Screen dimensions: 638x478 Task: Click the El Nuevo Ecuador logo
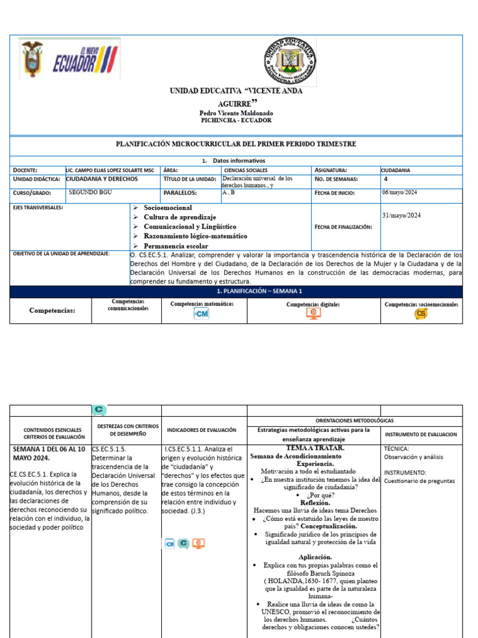tap(70, 59)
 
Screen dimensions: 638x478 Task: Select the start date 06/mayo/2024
tap(399, 193)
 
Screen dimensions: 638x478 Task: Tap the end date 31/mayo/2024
tap(401, 216)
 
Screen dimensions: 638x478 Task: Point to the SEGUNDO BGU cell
tap(90, 193)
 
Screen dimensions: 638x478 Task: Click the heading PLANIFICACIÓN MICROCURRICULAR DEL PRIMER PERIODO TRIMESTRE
tap(237, 144)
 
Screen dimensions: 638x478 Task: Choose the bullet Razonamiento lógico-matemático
tap(195, 236)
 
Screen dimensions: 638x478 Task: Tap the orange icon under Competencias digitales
tap(314, 314)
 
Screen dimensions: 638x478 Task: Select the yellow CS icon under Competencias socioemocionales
tap(421, 314)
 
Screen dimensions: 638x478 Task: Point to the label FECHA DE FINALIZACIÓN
tap(344, 227)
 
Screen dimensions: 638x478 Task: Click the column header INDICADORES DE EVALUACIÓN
tap(201, 430)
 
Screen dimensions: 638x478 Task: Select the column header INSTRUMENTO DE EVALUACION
tap(421, 434)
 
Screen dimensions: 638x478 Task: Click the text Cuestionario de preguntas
tap(419, 481)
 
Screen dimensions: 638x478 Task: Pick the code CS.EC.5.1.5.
tap(109, 449)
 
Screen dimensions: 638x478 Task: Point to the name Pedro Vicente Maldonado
tap(235, 113)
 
